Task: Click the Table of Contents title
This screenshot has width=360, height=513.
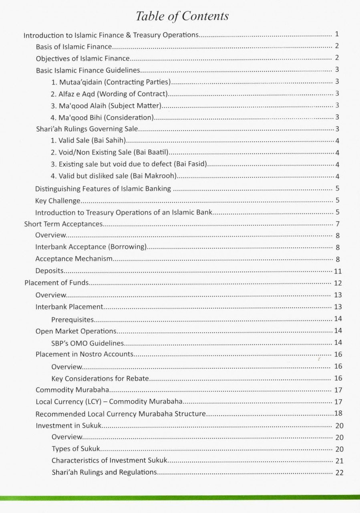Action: pos(182,16)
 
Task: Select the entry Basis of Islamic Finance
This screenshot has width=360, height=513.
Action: pos(74,47)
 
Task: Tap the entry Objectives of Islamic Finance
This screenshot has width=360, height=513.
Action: pos(82,59)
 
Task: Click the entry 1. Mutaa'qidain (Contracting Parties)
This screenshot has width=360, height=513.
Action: pos(111,82)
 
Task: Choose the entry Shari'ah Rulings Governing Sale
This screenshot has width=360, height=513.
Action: pos(87,129)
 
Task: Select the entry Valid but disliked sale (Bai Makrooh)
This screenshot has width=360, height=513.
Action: pos(114,176)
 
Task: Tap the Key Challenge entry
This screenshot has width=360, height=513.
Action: pos(58,200)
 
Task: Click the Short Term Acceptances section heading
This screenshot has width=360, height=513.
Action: pos(63,224)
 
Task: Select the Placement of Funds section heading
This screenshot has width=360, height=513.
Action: pos(56,283)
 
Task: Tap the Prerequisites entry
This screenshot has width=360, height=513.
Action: pos(72,320)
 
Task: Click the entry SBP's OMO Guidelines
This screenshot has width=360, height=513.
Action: pos(88,343)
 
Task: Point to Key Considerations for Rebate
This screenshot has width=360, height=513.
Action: pos(100,378)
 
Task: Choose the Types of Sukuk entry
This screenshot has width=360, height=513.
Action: pos(76,449)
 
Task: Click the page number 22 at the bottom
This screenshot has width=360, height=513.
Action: pos(339,473)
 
